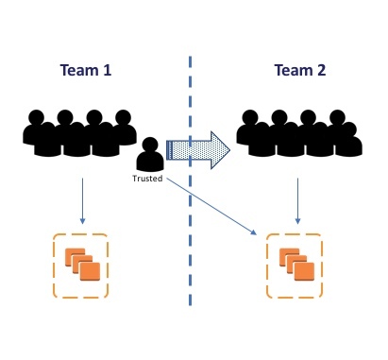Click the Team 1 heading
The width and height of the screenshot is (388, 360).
click(86, 70)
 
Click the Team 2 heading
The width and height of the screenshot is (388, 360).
click(300, 70)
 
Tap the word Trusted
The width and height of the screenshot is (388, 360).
click(147, 179)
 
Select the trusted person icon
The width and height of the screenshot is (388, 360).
click(150, 154)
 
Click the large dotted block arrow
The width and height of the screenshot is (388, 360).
click(198, 150)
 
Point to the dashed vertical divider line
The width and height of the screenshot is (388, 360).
click(191, 180)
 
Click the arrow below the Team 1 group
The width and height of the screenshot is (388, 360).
click(82, 201)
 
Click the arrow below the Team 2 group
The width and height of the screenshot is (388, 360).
click(297, 201)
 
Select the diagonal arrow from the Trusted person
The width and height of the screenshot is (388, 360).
click(211, 206)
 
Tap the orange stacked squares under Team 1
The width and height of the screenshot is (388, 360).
click(82, 265)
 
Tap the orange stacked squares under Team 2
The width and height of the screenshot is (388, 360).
click(296, 265)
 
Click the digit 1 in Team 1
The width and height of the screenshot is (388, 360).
click(108, 70)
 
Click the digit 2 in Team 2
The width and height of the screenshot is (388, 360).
click(321, 70)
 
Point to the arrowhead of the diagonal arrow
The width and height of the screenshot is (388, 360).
click(254, 233)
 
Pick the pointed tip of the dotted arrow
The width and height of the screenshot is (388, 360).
click(230, 150)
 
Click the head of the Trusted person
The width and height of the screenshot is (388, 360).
click(150, 145)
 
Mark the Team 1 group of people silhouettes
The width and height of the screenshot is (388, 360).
click(79, 133)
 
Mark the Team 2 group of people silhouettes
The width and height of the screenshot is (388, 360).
click(299, 133)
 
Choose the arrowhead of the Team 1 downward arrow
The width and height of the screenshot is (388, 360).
click(82, 221)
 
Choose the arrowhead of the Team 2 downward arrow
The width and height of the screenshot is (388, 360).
click(297, 221)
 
